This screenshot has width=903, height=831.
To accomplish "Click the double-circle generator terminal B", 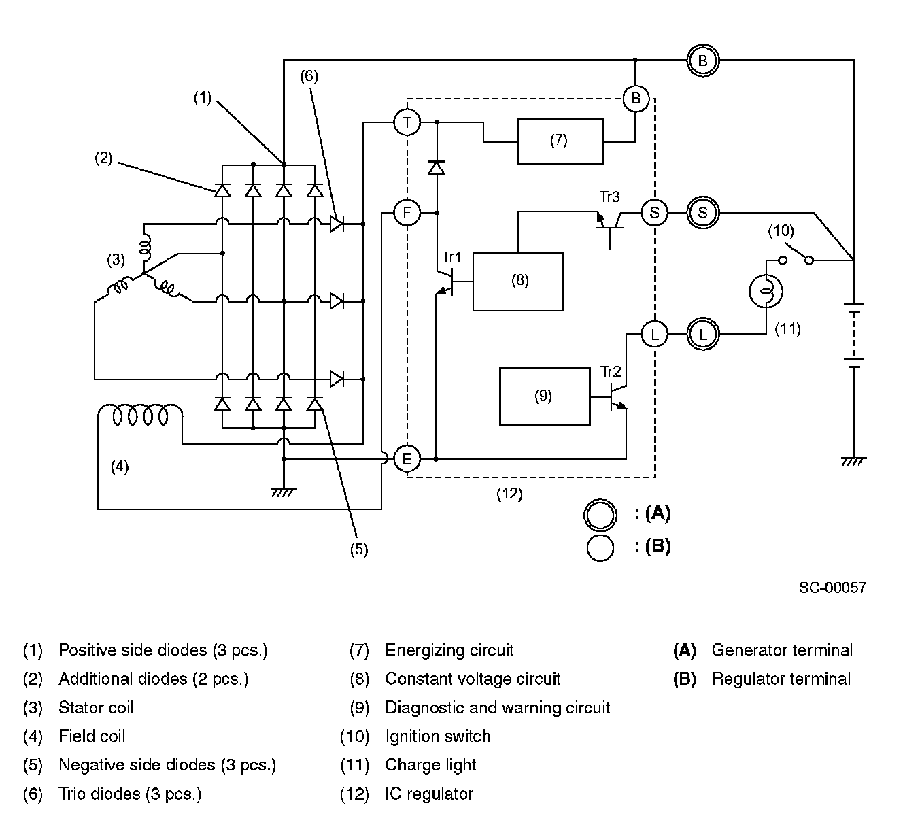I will tap(702, 61).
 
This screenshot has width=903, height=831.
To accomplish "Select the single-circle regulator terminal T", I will tap(407, 122).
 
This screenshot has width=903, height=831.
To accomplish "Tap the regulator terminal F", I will tap(407, 214).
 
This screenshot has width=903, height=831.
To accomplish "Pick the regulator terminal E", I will tap(407, 459).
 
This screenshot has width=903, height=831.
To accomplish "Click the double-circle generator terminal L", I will tap(702, 334).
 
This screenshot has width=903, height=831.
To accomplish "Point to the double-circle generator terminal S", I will tap(702, 213).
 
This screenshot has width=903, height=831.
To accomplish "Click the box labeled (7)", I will tap(560, 141).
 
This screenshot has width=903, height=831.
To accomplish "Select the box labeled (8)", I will tap(518, 282).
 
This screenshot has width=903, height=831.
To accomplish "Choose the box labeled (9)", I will tap(545, 396).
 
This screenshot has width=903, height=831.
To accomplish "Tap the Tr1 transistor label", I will tap(451, 257).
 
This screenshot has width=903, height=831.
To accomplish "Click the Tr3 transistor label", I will tap(609, 197).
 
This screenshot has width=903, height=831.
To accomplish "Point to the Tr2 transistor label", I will tap(611, 371).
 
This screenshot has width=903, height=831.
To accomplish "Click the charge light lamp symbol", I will tap(766, 292).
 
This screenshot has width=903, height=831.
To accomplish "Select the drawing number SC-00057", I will tap(832, 588).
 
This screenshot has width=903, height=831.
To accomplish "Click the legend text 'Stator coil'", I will tap(96, 707).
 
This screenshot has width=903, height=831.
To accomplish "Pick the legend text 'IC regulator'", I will tap(429, 794).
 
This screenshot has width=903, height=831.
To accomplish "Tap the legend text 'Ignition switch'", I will tap(438, 736).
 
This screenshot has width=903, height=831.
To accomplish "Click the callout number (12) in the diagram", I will tap(509, 494).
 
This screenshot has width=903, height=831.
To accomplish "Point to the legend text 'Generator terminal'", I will tap(781, 650).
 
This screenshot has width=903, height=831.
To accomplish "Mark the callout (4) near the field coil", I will tap(120, 467).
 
